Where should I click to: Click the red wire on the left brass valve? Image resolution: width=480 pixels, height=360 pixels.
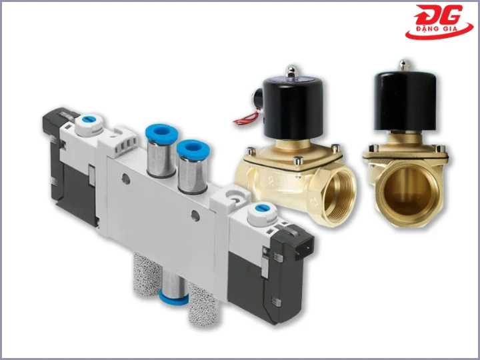coord(247,117)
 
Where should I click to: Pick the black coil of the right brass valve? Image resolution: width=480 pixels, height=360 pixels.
coord(405,101)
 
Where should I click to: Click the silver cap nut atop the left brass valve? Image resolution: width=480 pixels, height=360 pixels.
coord(291,71)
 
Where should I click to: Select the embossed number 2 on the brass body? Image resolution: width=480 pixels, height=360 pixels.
coord(271,180)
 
